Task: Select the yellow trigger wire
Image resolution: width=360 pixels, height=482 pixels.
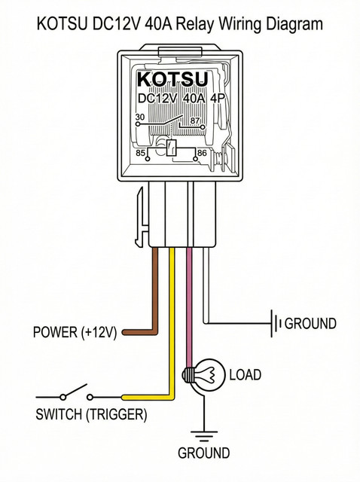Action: [x=172, y=323]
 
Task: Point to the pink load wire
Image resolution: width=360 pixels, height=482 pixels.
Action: [x=189, y=307]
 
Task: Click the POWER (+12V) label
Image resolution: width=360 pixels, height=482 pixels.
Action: [x=75, y=332]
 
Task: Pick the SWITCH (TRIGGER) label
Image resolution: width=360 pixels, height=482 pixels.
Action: [x=91, y=414]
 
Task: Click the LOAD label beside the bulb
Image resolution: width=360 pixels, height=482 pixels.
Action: [x=245, y=375]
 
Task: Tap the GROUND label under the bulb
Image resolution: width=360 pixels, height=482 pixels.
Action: [x=203, y=453]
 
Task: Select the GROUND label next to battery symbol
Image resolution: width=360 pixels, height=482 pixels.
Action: [x=310, y=323]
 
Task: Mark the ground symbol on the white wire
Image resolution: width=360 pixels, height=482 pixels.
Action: [x=276, y=323]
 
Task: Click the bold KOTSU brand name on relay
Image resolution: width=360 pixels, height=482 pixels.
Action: [x=172, y=79]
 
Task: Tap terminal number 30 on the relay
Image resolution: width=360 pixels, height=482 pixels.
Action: [x=140, y=117]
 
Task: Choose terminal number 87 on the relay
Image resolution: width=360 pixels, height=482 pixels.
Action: [x=195, y=120]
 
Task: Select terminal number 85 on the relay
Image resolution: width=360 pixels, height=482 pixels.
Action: [x=141, y=153]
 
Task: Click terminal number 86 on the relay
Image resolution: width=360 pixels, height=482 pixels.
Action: [x=202, y=152]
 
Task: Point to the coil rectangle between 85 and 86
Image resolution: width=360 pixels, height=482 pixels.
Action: [x=171, y=148]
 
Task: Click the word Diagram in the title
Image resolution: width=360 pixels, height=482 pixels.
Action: [x=294, y=24]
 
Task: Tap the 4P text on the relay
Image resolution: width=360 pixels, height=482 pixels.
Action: [x=218, y=99]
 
